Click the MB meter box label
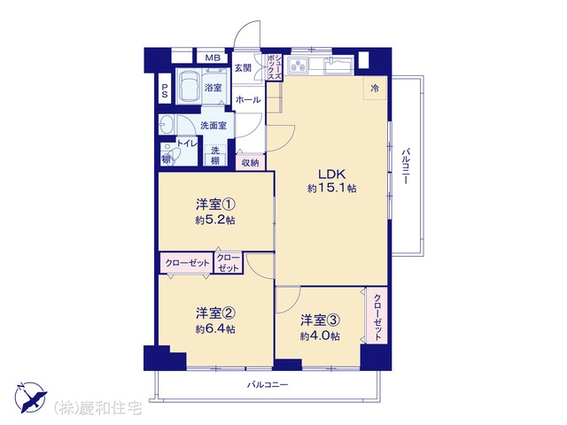[x=213, y=58]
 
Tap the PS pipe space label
[x=165, y=90]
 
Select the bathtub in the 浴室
[x=189, y=87]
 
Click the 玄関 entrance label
[x=243, y=67]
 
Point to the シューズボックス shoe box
[x=274, y=67]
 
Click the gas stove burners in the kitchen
[x=299, y=66]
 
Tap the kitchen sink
[x=338, y=66]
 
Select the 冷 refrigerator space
[x=375, y=88]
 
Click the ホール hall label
[x=248, y=99]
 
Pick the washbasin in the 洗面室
[x=167, y=124]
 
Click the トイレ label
[x=187, y=143]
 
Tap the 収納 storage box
[x=250, y=163]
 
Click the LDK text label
[x=332, y=174]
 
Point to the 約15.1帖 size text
[x=332, y=189]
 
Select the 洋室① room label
[x=215, y=205]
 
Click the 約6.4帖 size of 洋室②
[x=215, y=329]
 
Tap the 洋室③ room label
[x=320, y=320]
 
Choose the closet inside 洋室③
[x=377, y=315]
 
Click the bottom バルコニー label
[x=268, y=384]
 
